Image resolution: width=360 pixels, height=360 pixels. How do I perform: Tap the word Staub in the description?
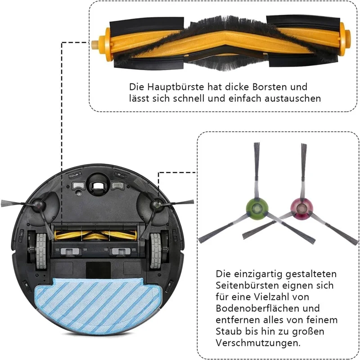pos(227,332)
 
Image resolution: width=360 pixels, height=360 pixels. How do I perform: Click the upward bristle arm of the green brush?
pos(256,166)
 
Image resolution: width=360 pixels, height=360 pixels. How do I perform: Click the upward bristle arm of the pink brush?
pos(303,166)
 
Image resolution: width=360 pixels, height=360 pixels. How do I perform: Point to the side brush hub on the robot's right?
pos(157,205)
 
